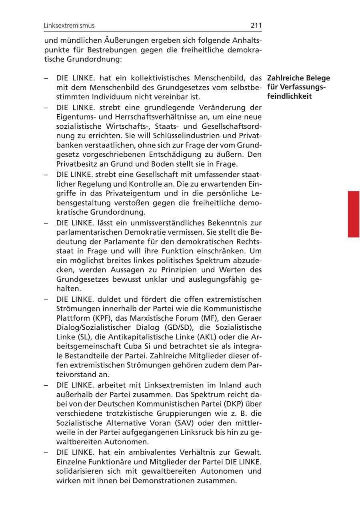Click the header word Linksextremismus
pos(69,26)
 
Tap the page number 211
pos(256,26)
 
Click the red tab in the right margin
pos(353,214)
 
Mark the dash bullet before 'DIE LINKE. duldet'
pos(46,299)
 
